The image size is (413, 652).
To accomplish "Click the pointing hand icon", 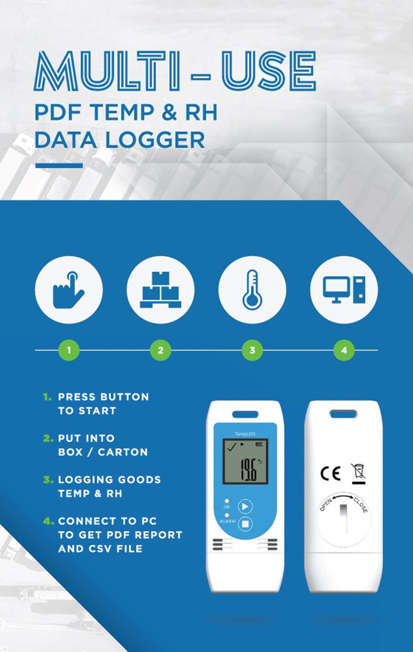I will point(68,289).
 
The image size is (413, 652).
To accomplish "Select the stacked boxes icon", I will point(160,290).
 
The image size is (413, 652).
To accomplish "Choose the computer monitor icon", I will point(344,289).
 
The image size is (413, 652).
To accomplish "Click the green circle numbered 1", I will point(69,350).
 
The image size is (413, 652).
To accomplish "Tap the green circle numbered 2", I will point(160,350).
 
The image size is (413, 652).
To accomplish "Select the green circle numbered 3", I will point(252,350).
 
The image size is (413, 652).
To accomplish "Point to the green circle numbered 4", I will point(344,350).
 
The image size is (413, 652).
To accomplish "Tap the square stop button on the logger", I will point(245,524).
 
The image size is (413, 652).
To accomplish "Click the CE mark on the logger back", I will point(330,473).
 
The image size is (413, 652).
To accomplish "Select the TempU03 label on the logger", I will point(245,434).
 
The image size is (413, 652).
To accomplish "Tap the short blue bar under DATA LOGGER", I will point(59,166).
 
